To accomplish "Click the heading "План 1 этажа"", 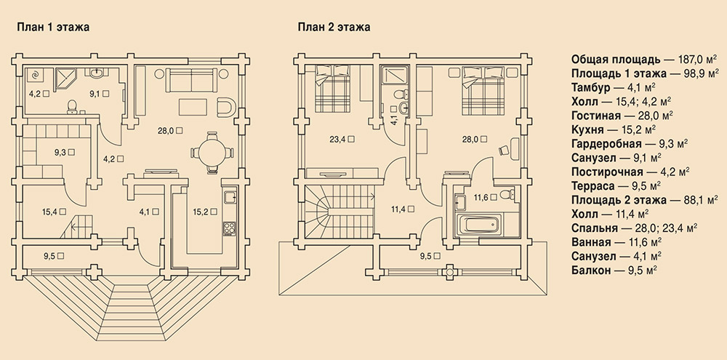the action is coord(53,28).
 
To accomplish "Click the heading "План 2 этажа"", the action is coord(334,28).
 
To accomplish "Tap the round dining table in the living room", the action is coord(212,152).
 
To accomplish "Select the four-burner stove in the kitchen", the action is coord(230,228).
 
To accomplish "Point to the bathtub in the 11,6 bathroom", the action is coord(482,225).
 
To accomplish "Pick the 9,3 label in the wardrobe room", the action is coord(65,152).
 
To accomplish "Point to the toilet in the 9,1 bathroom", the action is coord(72,107).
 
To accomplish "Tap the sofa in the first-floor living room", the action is coord(191,80).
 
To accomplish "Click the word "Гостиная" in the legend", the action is coord(596,116).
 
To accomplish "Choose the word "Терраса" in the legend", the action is coord(593,186).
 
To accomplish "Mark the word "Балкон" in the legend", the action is coord(591,271).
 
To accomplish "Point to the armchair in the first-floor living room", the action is coord(226,108).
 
